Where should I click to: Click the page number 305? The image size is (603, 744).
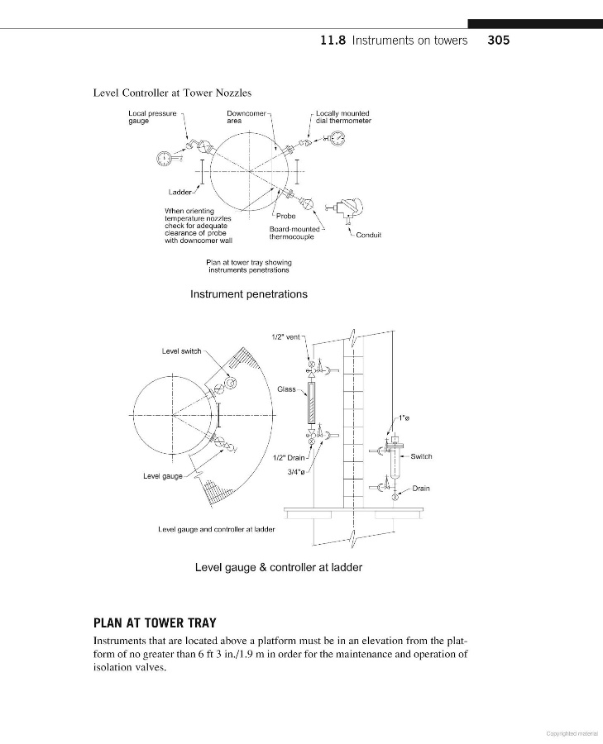[499, 40]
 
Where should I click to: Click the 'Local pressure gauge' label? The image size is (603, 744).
[152, 117]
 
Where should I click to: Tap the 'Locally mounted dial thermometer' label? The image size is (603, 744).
[343, 117]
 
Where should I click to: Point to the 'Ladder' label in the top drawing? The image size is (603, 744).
[181, 193]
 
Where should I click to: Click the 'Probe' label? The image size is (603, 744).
[285, 216]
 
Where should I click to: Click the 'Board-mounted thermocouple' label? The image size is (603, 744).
[294, 232]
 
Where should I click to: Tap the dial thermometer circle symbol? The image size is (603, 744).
[337, 137]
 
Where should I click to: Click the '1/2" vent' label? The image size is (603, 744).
[285, 336]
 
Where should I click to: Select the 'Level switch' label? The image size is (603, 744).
[181, 351]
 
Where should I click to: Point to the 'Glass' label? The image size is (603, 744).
[286, 389]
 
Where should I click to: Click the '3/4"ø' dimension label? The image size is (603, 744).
[296, 472]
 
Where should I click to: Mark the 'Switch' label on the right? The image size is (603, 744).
[421, 456]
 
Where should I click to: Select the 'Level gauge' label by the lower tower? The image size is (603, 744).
[163, 476]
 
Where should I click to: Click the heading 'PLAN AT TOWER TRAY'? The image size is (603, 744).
[156, 622]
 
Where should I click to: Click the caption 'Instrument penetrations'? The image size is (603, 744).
[248, 294]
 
